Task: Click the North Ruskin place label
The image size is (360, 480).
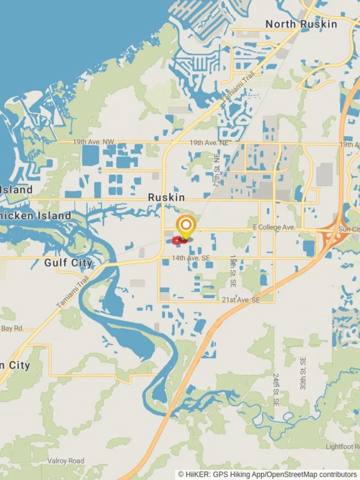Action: [x=301, y=24]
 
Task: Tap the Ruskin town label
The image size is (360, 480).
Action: [x=166, y=197]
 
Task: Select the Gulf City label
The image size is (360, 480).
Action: [x=68, y=263]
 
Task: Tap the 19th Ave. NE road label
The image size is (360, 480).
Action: [x=208, y=143]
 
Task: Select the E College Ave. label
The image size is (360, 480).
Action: [x=274, y=227]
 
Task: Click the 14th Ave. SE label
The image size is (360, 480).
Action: [x=192, y=257]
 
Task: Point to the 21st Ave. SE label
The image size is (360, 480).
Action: [x=240, y=300]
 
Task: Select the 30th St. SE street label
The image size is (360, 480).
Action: [x=303, y=373]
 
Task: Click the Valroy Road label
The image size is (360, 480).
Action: [x=66, y=461]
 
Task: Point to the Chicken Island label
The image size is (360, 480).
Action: [x=36, y=216]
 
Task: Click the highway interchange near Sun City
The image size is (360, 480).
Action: [x=331, y=236]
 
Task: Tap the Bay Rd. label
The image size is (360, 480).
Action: [x=12, y=328]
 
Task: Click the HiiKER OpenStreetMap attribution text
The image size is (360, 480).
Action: [x=268, y=475]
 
